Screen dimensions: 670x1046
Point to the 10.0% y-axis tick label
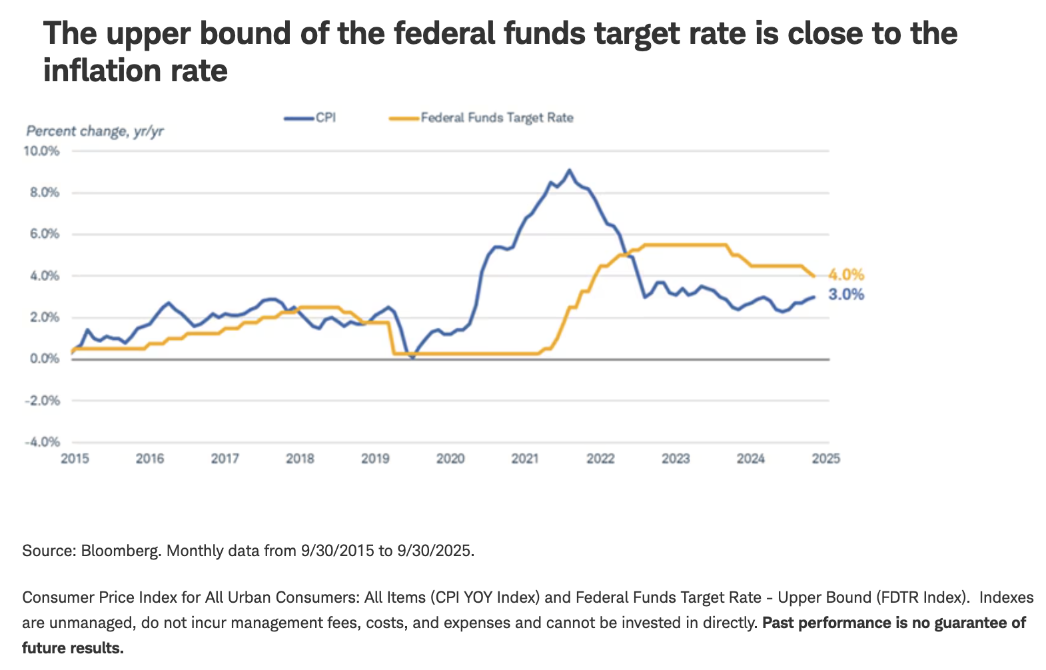(x=42, y=151)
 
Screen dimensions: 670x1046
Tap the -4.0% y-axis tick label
(x=42, y=442)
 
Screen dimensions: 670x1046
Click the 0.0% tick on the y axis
(x=44, y=359)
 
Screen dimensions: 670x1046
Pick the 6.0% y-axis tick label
(x=44, y=234)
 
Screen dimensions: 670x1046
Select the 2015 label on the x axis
(x=75, y=459)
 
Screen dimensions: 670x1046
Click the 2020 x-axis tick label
(x=450, y=459)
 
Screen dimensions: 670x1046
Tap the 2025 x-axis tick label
(x=826, y=459)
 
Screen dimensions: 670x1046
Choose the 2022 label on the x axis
(x=600, y=459)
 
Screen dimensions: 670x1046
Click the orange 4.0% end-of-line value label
(x=846, y=274)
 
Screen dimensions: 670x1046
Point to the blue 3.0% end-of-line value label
(x=846, y=294)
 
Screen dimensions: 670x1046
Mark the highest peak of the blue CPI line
(x=568, y=170)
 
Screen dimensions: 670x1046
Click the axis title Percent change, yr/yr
(x=95, y=131)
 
